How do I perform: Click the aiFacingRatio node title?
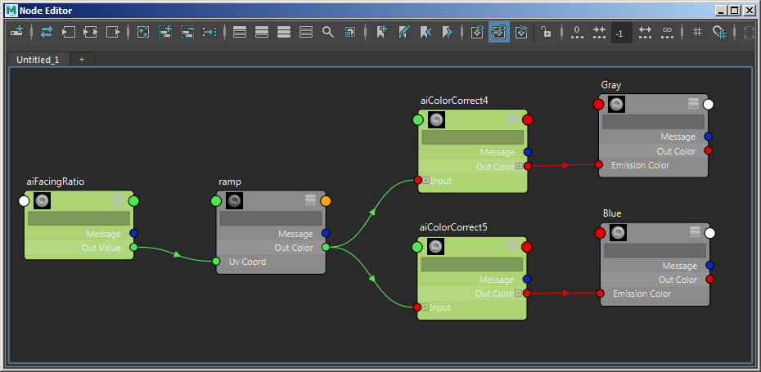56,182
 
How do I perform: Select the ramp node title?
231,182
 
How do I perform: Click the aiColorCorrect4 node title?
454,101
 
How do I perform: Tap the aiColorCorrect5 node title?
453,226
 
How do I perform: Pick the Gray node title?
611,85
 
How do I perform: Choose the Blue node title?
612,213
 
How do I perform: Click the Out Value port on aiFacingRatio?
133,248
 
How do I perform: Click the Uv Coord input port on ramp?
216,262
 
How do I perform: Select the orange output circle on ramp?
326,200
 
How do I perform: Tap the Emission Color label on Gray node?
640,165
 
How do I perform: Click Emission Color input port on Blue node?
600,294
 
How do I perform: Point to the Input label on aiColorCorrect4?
440,181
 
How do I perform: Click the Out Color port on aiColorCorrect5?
527,294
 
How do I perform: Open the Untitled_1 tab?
38,60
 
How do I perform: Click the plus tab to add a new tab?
82,60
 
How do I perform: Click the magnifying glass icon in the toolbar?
327,32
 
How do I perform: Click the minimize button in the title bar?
721,10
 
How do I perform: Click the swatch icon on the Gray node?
616,104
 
